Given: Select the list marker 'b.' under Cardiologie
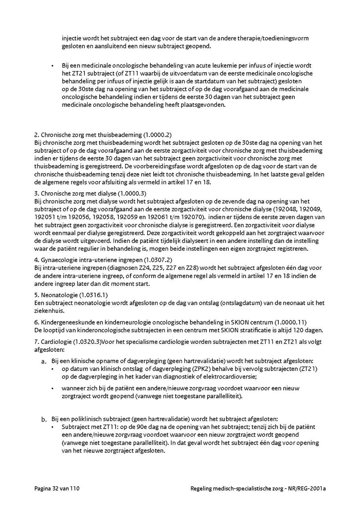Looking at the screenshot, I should click(44, 419).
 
